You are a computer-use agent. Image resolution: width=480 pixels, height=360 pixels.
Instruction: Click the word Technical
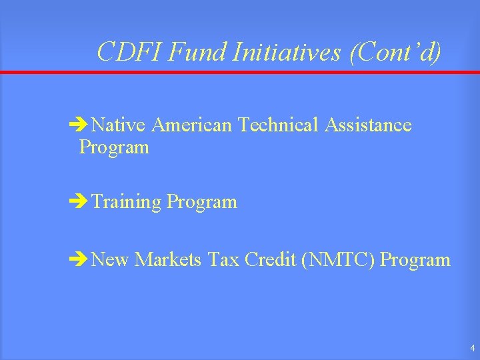point(279,125)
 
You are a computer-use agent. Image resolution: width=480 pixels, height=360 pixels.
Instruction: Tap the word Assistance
point(368,125)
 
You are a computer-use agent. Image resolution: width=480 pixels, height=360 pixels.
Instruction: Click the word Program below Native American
point(114,147)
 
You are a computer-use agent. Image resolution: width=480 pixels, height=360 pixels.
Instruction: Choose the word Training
point(127,202)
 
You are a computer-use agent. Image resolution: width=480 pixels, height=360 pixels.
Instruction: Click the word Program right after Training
point(202,202)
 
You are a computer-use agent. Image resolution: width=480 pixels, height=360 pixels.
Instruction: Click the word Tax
point(223,259)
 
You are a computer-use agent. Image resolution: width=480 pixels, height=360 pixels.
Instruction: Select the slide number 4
point(472,348)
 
